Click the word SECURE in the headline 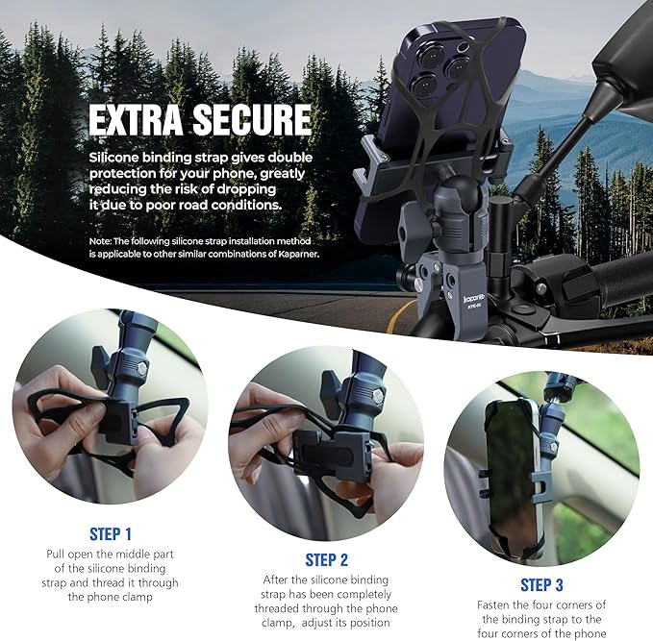point(252,120)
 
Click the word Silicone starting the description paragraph point(114,157)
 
